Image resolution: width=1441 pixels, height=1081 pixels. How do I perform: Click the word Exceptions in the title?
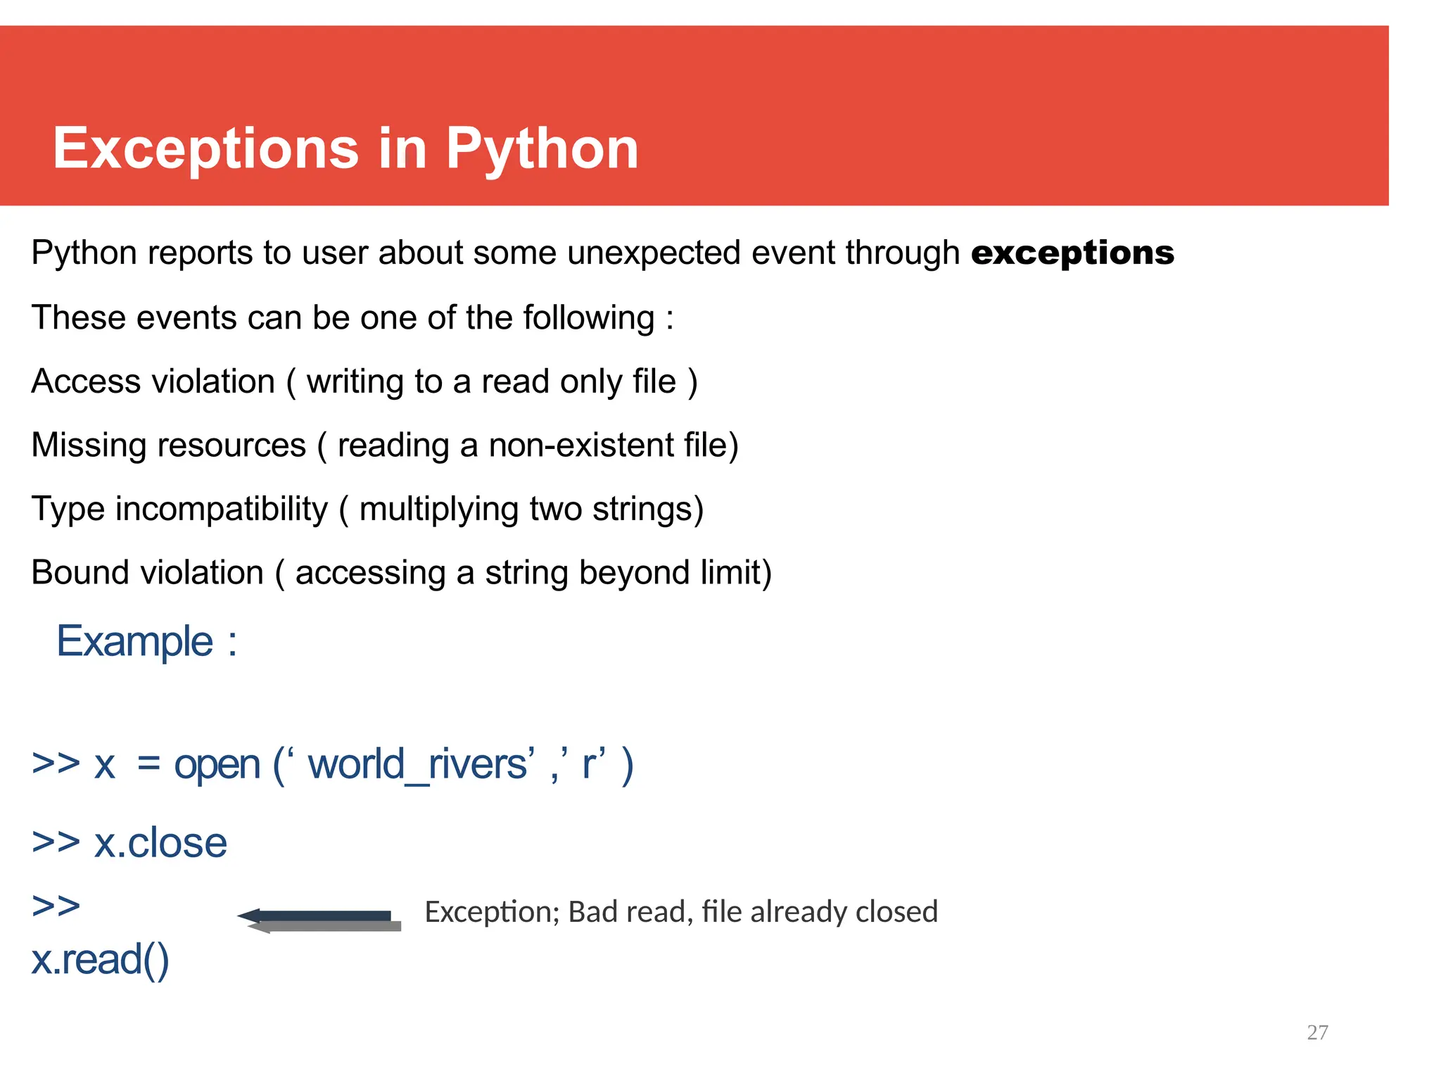point(205,149)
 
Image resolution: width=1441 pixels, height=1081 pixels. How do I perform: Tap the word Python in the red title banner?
point(542,149)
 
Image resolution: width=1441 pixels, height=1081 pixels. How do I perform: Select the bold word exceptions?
point(1072,253)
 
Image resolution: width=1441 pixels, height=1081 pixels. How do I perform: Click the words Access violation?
point(153,381)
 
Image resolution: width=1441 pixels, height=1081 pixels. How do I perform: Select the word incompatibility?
point(222,509)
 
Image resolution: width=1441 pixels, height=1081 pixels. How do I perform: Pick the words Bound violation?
point(148,572)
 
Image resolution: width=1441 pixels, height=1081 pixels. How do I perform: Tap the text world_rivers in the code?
point(418,764)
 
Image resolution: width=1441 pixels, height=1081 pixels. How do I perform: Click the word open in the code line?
point(217,766)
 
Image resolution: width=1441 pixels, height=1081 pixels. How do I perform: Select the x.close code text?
point(160,843)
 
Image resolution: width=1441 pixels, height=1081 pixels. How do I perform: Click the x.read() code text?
point(100,959)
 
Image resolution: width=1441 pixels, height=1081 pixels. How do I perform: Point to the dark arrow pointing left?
point(317,916)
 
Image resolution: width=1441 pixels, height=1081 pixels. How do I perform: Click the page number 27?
point(1317,1032)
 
